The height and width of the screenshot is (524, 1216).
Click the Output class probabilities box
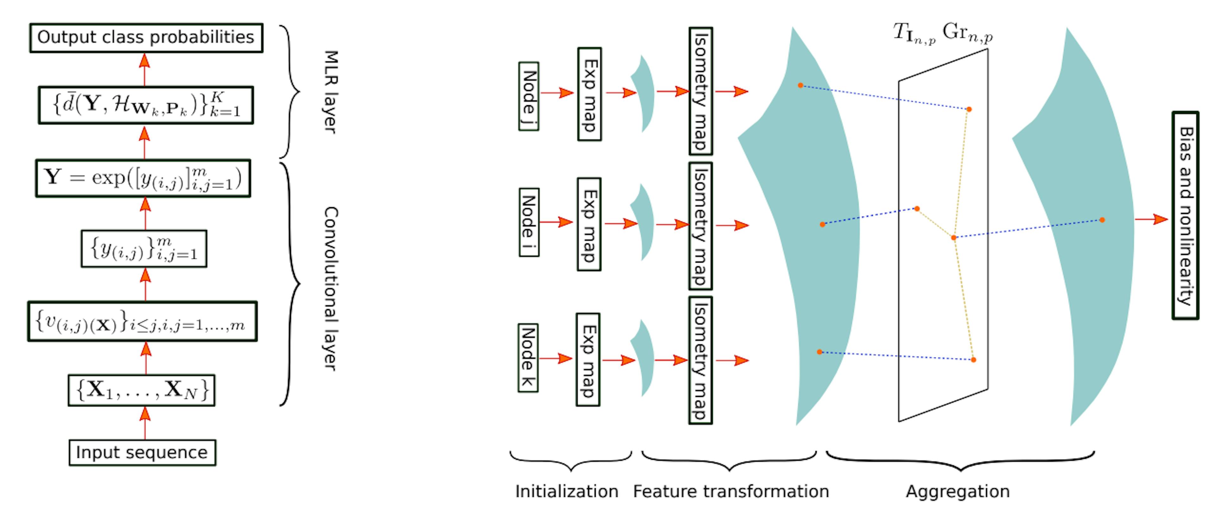pyautogui.click(x=146, y=38)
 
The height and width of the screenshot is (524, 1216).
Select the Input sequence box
pyautogui.click(x=142, y=452)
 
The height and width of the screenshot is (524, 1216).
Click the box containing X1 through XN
pyautogui.click(x=142, y=390)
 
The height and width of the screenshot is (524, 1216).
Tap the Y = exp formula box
pyautogui.click(x=143, y=178)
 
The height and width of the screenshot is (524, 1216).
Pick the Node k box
pyautogui.click(x=528, y=358)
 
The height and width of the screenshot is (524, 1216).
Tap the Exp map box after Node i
pyautogui.click(x=589, y=224)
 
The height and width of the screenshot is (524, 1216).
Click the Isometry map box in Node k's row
pyautogui.click(x=700, y=360)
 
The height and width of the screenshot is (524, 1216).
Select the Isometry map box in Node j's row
pyautogui.click(x=700, y=91)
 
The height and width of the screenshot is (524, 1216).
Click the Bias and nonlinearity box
pyautogui.click(x=1185, y=216)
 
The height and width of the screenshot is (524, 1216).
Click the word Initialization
pyautogui.click(x=567, y=491)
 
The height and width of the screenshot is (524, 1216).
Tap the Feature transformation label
pyautogui.click(x=731, y=491)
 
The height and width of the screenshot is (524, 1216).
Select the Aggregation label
pyautogui.click(x=957, y=491)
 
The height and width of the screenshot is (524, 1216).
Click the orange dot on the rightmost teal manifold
pyautogui.click(x=1102, y=220)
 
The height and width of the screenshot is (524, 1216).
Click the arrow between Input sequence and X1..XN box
pyautogui.click(x=145, y=423)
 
